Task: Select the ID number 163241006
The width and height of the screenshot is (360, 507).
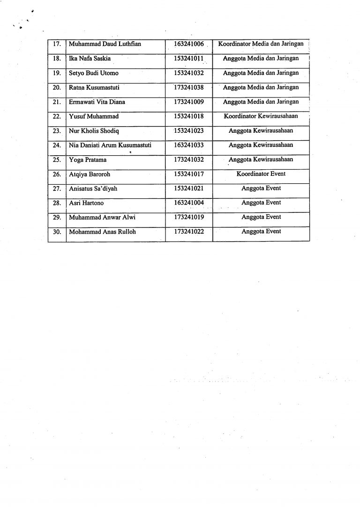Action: point(189,45)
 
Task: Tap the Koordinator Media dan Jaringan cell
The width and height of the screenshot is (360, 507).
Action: point(261,44)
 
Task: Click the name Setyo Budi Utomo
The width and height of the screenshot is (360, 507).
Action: point(93,73)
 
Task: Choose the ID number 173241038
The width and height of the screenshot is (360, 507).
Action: point(189,88)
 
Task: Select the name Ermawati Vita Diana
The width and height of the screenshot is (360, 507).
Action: point(97,102)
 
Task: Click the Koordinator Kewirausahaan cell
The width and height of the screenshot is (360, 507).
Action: point(261,116)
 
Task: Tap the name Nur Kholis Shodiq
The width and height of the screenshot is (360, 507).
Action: point(94,131)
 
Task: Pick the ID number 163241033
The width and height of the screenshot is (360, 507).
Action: point(189,145)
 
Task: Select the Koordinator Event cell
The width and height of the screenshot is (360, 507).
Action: point(261,174)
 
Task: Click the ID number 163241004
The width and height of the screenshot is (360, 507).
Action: point(189,203)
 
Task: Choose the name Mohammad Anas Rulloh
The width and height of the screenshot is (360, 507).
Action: point(102,232)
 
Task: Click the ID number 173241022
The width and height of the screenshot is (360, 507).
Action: point(189,232)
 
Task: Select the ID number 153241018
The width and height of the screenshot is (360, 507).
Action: point(189,116)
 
